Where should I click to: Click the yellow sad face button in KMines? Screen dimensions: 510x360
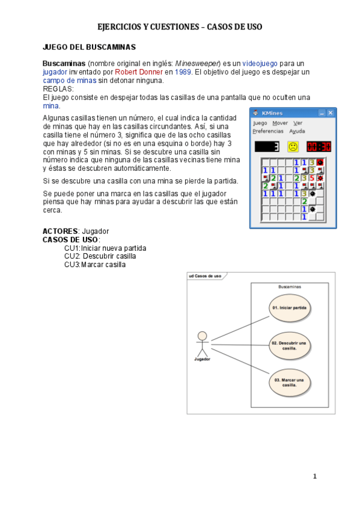coord(293,146)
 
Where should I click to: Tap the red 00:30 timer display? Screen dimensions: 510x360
coord(319,146)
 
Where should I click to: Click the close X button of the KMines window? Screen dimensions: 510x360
coord(330,112)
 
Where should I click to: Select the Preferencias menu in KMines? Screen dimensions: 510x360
coord(267,131)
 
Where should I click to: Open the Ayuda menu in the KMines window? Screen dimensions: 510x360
coord(297,131)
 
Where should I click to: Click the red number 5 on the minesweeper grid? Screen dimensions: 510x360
coord(312,178)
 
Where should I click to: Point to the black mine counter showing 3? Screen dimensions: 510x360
coord(267,146)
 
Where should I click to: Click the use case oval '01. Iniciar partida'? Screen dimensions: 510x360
coord(289,307)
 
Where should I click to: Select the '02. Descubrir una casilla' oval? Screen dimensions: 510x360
coord(289,345)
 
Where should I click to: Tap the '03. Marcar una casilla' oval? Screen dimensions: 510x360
coord(289,382)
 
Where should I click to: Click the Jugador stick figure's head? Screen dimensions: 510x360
coord(203,336)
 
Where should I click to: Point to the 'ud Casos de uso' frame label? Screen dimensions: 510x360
coord(205,276)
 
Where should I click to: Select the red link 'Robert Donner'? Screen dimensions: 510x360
coord(139,72)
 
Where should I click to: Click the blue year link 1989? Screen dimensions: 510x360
coord(183,72)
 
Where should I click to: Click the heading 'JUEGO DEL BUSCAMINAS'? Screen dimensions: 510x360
coord(89,47)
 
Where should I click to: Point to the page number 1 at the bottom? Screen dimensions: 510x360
coord(314,476)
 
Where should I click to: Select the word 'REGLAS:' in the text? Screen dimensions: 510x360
coord(58,88)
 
